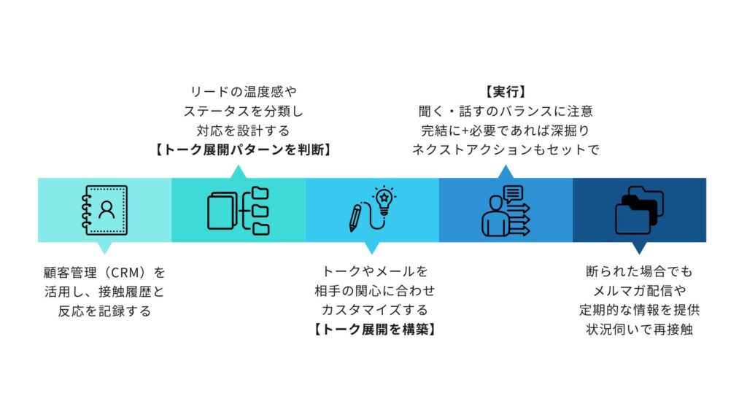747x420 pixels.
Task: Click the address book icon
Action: click(x=105, y=210)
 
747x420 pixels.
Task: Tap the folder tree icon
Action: click(x=239, y=211)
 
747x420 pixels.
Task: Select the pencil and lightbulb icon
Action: click(x=372, y=209)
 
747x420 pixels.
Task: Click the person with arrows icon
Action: click(x=506, y=211)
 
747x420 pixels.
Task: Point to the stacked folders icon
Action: click(x=639, y=210)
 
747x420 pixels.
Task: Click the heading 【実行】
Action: click(x=506, y=91)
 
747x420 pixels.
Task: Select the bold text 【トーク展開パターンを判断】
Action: click(x=243, y=149)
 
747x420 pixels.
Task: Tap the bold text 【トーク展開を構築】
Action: click(x=374, y=329)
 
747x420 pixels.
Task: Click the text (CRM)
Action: click(x=125, y=273)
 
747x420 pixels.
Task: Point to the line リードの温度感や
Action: click(x=243, y=91)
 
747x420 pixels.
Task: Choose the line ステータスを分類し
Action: click(x=243, y=111)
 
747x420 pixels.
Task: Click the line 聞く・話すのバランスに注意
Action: click(x=506, y=111)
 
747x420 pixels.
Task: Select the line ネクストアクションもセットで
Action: click(x=506, y=149)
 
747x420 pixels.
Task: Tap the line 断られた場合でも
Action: click(x=639, y=271)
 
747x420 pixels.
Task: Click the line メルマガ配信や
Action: click(x=639, y=290)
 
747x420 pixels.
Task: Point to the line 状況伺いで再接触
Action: click(x=639, y=329)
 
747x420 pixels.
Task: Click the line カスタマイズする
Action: click(x=374, y=310)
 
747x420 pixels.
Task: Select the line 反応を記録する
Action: click(x=105, y=311)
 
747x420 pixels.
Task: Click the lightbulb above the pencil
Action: click(x=384, y=200)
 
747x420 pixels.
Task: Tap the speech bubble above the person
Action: click(x=514, y=195)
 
